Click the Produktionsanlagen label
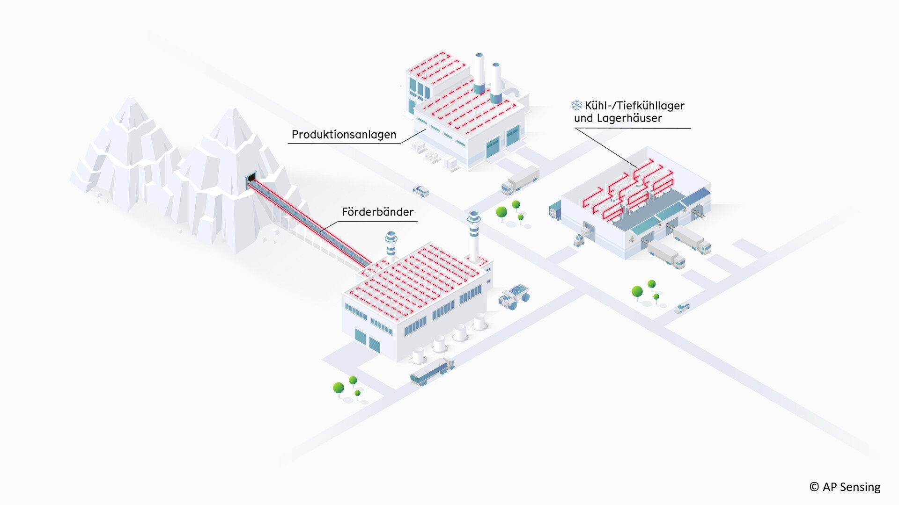[344, 135]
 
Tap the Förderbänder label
[377, 212]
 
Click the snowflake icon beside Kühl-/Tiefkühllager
[576, 105]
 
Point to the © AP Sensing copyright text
[845, 487]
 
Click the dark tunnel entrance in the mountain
[252, 178]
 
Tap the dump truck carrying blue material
[514, 296]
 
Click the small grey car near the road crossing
[420, 190]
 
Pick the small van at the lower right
[682, 308]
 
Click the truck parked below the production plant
[520, 180]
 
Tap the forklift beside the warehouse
[579, 240]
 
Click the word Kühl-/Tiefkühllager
[634, 106]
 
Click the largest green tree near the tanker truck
[338, 388]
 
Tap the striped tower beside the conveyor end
[391, 246]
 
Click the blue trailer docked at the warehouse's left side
[555, 210]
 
